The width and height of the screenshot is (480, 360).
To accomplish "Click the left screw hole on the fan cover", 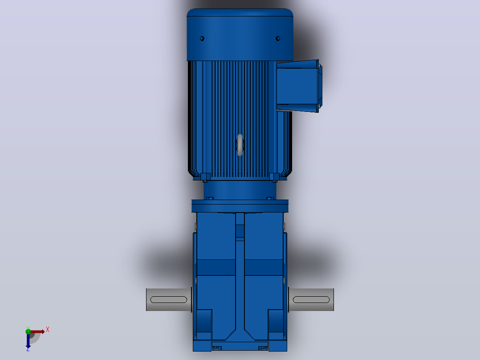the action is click(202, 39).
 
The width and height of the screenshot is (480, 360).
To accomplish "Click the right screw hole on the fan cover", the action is click(278, 39).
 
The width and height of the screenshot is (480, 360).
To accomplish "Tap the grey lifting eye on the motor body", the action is click(240, 145).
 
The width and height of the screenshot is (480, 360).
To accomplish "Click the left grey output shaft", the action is click(169, 300).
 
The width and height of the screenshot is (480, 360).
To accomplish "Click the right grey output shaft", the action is click(311, 300).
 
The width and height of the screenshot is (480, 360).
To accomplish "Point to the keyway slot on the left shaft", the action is click(169, 300).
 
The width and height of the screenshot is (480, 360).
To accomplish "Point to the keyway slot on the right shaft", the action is click(311, 300).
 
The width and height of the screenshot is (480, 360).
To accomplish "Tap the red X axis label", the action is click(48, 330).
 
